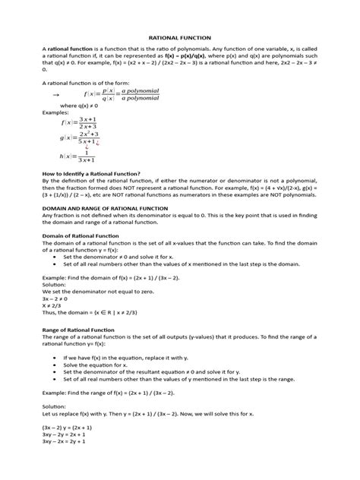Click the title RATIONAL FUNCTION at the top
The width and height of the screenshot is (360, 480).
[180, 36]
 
